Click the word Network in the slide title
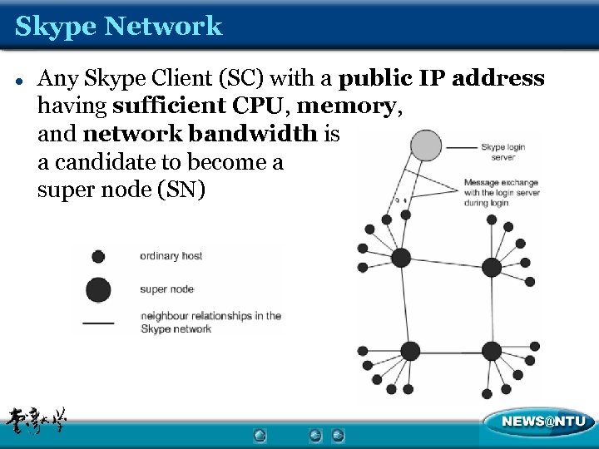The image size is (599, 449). tap(163, 26)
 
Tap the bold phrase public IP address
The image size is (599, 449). tap(443, 79)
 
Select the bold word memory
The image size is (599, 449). tap(348, 106)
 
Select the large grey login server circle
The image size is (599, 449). tap(426, 146)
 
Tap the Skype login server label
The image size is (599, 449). tap(502, 151)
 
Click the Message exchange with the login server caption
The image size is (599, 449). tap(502, 192)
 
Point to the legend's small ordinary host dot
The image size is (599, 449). tap(98, 257)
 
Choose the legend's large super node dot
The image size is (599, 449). tap(98, 289)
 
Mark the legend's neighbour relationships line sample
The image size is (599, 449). tap(98, 322)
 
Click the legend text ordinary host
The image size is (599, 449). tap(171, 256)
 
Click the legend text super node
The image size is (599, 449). tap(167, 289)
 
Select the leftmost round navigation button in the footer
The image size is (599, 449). tap(260, 435)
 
